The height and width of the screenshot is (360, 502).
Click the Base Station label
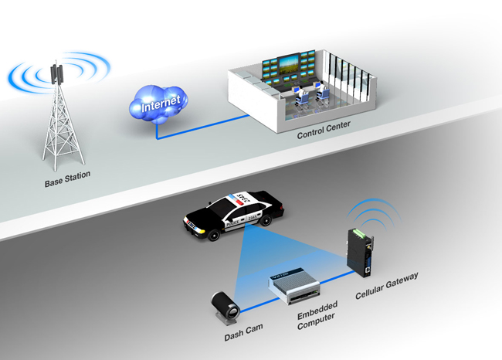point(67,175)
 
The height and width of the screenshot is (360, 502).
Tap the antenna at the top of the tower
point(55,74)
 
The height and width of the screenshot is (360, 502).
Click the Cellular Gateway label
point(386,287)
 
